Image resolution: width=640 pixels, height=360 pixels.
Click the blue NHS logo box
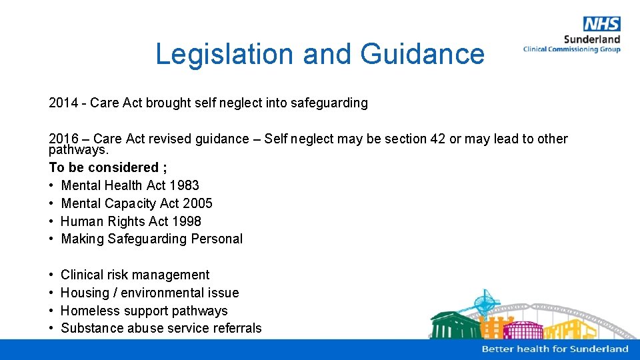click(601, 24)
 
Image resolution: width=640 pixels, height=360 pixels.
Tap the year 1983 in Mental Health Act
click(184, 185)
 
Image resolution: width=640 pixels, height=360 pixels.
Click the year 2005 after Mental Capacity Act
click(197, 203)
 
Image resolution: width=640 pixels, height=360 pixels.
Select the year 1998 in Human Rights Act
click(186, 221)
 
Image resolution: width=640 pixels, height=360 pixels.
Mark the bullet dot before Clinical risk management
click(52, 275)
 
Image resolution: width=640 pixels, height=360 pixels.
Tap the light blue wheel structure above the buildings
click(484, 302)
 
